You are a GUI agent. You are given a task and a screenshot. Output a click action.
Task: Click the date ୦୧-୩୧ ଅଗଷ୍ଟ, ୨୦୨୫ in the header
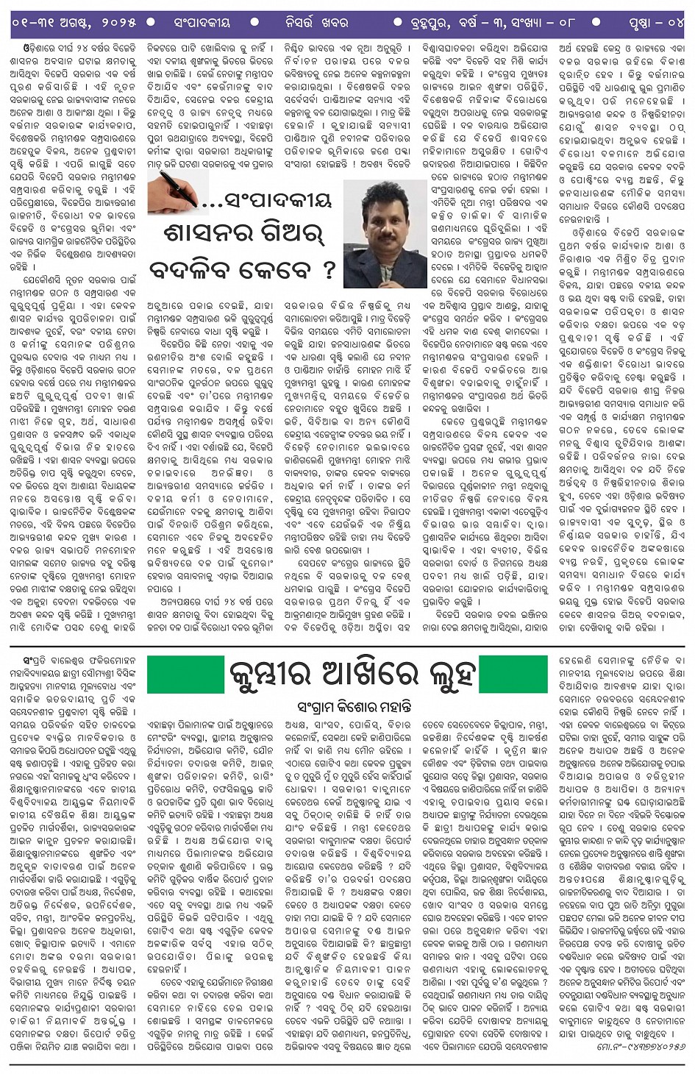pos(74,23)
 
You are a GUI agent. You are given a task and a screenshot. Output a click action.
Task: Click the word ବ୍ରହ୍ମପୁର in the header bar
pos(438,23)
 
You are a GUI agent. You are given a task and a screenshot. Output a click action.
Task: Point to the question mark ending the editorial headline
pos(328,269)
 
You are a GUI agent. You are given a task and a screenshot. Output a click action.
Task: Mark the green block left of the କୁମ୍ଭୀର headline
pos(185,674)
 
